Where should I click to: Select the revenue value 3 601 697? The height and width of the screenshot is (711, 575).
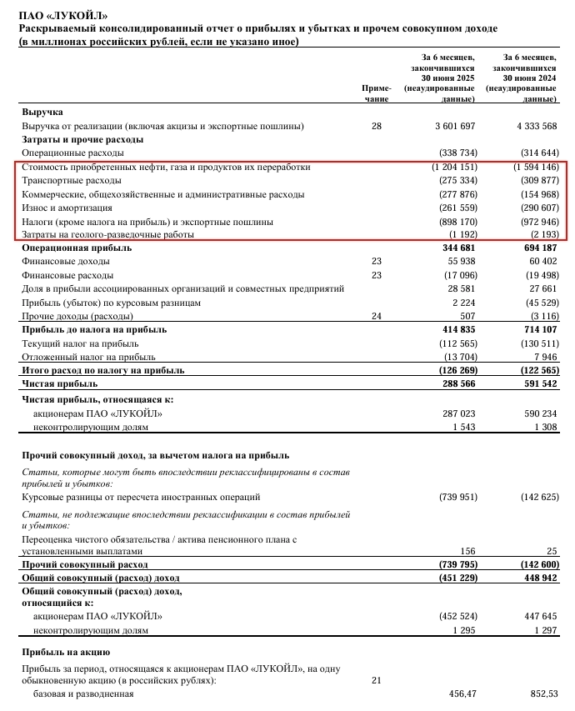[454, 126]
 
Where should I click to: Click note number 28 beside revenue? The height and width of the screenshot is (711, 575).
[376, 126]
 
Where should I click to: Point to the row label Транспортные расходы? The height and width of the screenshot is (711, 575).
[72, 180]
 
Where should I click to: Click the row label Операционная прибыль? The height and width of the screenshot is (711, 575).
[72, 248]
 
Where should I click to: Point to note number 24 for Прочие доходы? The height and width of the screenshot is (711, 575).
[376, 316]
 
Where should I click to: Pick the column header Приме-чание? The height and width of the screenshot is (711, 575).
[376, 93]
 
